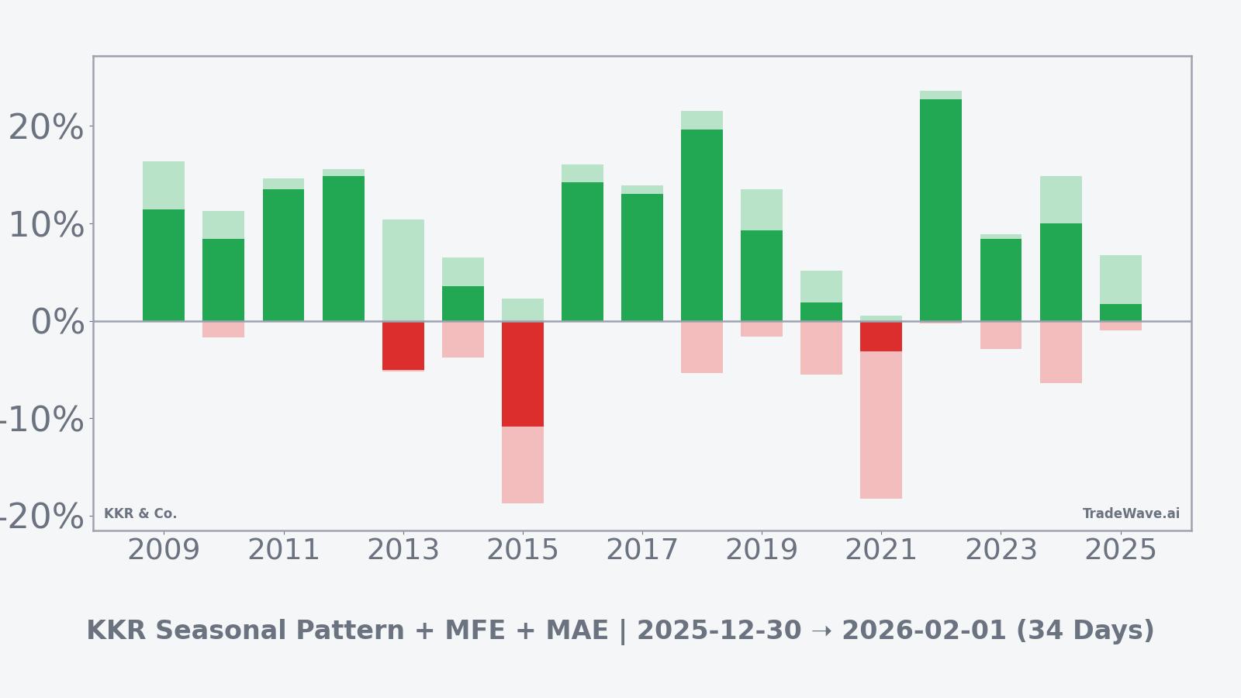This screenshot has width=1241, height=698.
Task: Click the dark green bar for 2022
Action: coord(940,209)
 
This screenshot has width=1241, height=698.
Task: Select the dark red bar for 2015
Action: coord(522,374)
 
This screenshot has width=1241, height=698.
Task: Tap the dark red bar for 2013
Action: coord(403,346)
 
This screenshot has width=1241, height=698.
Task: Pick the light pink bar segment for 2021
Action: coord(880,425)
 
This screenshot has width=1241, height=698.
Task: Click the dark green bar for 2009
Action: coord(164,265)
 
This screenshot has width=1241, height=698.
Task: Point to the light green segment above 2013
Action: coord(403,270)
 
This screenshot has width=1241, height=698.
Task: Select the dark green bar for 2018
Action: coord(701,225)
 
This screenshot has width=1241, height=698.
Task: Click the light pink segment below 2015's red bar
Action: coord(522,465)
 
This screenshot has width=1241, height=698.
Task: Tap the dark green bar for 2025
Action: coord(1120,313)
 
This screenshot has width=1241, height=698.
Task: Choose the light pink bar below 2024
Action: coord(1060,352)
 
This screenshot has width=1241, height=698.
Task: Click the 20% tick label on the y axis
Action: coord(46,127)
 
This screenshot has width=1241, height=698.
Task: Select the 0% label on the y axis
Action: coord(57,322)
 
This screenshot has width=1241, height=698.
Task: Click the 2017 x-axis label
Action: coord(641,551)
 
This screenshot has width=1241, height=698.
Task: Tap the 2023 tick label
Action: coord(1001,551)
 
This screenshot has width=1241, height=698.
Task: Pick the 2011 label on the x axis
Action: coord(283,551)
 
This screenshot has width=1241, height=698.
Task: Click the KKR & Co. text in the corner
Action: coord(140,513)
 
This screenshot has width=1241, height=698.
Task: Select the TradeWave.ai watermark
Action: coord(1130,513)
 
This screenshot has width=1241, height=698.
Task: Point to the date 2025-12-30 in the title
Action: coord(718,631)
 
